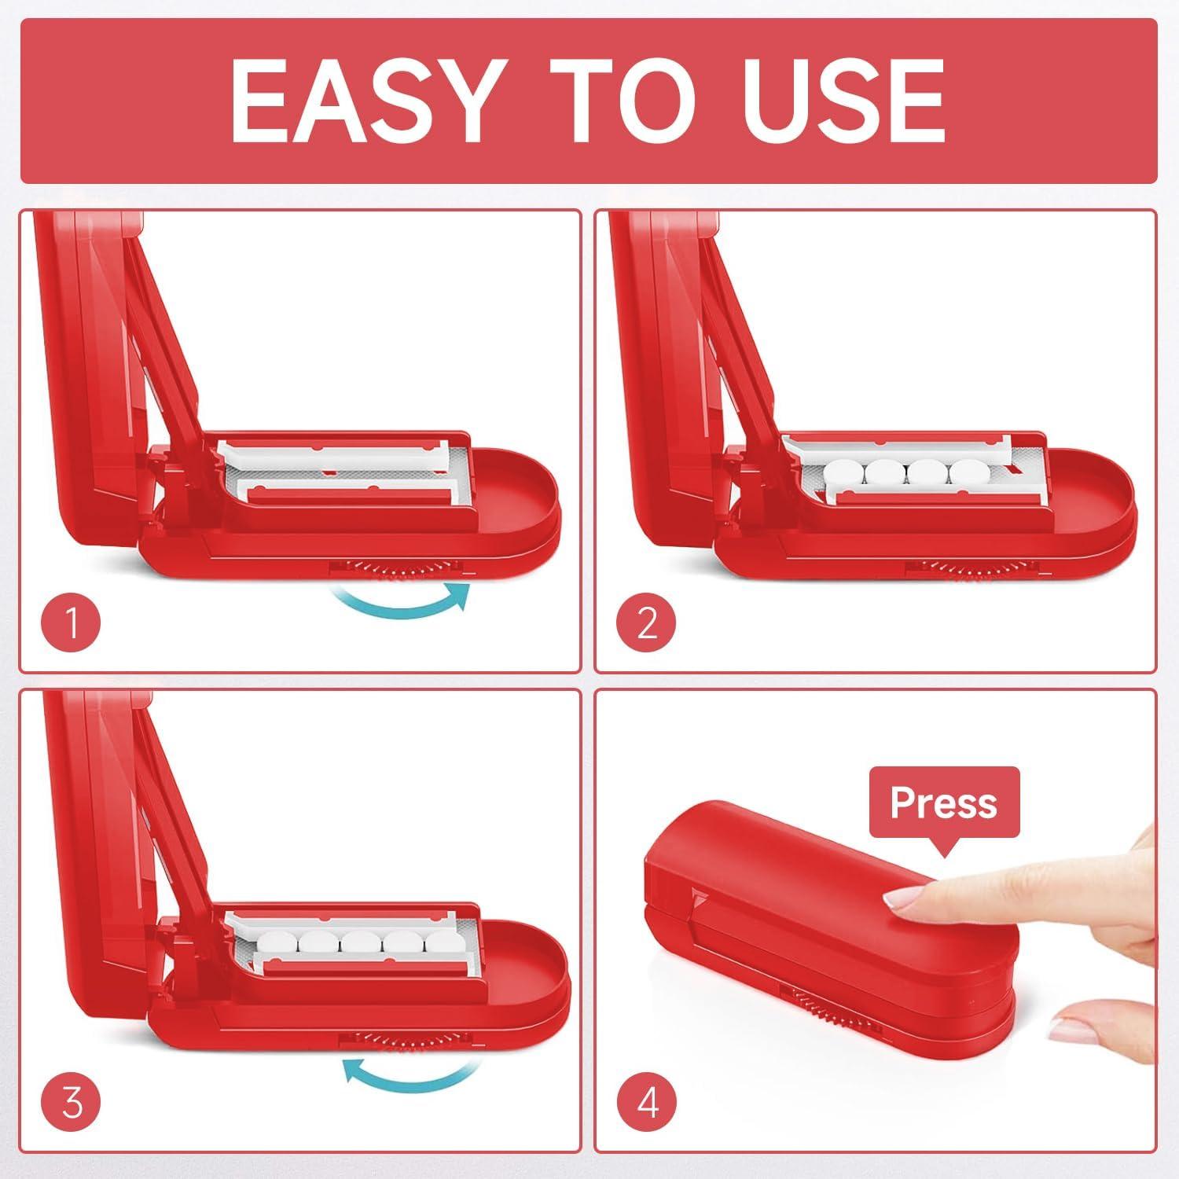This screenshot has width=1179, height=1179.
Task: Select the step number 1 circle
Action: pos(72,625)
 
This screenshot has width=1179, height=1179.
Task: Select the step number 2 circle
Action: pos(646,625)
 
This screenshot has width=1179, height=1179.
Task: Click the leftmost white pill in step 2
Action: pos(843,473)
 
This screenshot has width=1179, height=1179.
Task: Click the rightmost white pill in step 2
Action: pos(969,473)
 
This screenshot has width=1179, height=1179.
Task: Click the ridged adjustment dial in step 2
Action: pos(969,567)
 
